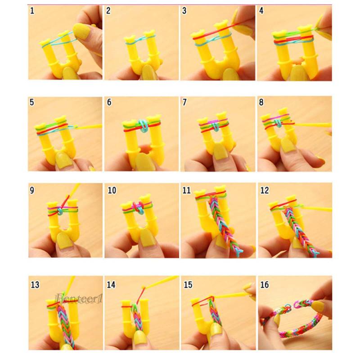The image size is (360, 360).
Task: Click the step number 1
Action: (x=32, y=11)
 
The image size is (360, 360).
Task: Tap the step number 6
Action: (x=109, y=102)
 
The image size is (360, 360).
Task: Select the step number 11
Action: (x=187, y=190)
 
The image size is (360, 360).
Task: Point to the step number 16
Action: (x=265, y=285)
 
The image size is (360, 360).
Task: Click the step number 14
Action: (x=111, y=285)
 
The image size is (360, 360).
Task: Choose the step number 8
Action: (x=261, y=102)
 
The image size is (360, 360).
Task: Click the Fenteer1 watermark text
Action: (x=78, y=299)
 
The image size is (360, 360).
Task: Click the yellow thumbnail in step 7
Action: (x=220, y=151)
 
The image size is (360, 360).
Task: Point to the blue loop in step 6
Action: (x=144, y=126)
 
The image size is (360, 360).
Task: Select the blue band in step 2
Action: (x=140, y=40)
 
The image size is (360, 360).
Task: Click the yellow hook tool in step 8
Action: (x=313, y=126)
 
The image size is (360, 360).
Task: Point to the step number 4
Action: (x=261, y=11)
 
